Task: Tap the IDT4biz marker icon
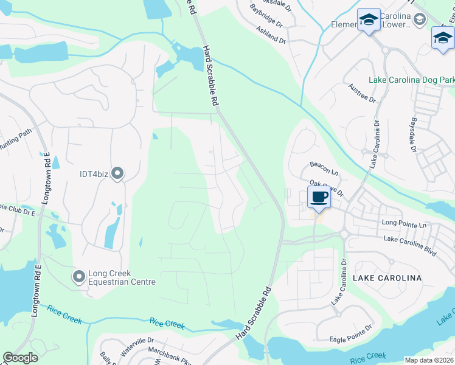point(117,175)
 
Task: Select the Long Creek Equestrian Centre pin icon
point(78,277)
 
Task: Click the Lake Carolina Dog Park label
point(412,80)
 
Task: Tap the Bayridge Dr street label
point(266,15)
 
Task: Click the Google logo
point(20,358)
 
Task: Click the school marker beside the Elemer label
point(367,21)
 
